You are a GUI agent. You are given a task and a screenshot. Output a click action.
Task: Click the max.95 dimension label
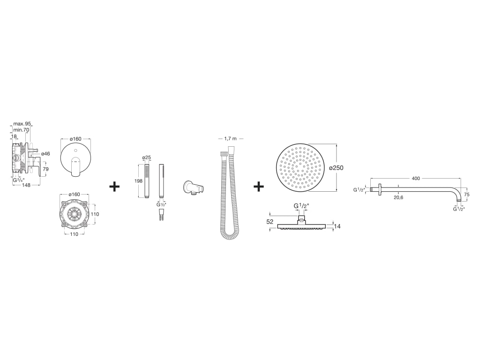click(x=22, y=124)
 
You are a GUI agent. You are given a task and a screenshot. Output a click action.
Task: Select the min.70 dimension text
click(x=22, y=130)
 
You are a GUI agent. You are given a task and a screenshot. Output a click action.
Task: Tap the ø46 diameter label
click(x=45, y=154)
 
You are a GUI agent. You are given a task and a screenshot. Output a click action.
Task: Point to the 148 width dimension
click(x=26, y=185)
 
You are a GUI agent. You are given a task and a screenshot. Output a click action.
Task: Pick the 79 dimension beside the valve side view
click(x=45, y=169)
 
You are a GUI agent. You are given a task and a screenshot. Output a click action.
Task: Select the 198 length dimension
click(x=138, y=180)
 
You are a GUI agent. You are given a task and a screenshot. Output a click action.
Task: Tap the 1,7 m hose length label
click(x=231, y=139)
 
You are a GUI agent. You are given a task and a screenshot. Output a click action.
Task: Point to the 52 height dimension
click(x=270, y=222)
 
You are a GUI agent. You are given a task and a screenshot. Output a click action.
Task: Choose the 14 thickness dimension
click(x=337, y=226)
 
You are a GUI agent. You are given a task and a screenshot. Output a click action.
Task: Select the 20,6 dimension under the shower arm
click(x=398, y=198)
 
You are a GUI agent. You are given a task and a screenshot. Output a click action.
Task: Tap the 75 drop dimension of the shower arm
click(x=467, y=194)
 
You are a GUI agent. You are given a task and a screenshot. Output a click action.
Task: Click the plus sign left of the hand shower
click(x=114, y=187)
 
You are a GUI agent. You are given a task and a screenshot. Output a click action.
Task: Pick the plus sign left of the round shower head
click(x=259, y=187)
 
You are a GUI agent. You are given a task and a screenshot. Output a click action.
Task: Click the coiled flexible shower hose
click(x=230, y=197)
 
